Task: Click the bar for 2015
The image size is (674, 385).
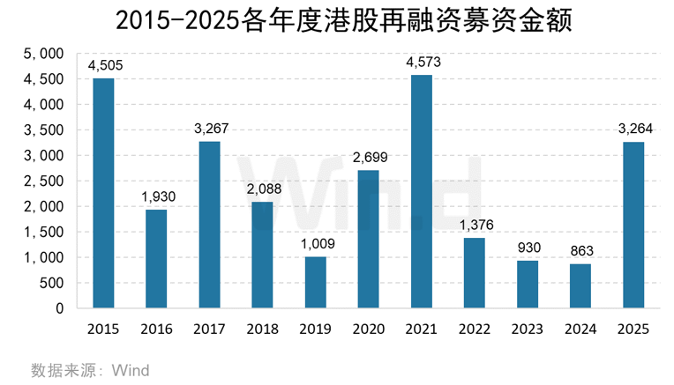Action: point(103,194)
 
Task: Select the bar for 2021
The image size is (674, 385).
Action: point(421,192)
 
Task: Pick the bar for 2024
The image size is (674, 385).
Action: point(580,286)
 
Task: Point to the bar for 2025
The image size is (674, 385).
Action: point(633,226)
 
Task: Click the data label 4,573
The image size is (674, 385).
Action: point(422,63)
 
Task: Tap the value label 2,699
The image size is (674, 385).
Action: point(369,158)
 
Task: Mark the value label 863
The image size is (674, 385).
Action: point(580,252)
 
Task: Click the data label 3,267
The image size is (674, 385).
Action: point(209,129)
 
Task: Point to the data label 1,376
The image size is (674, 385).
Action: point(475,226)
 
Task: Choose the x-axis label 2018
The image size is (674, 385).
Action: point(262,329)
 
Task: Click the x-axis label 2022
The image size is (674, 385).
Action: point(474,329)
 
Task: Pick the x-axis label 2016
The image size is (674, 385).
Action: point(156,329)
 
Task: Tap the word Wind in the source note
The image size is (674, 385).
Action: point(130,370)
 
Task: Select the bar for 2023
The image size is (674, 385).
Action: point(527,285)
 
